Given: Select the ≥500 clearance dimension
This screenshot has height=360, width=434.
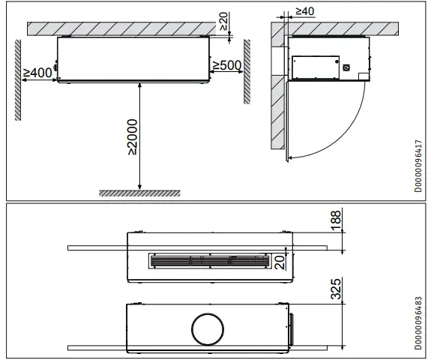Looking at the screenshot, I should click(226, 65).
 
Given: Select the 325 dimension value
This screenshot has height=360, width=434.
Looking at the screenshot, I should click(335, 289).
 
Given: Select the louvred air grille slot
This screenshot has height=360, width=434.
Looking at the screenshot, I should click(211, 261).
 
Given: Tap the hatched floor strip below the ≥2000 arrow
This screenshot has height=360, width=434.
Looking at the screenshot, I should click(140, 193).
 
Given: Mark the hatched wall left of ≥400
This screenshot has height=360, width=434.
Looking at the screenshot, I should click(16, 79).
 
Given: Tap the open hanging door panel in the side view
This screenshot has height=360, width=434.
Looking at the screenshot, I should click(286, 120).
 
